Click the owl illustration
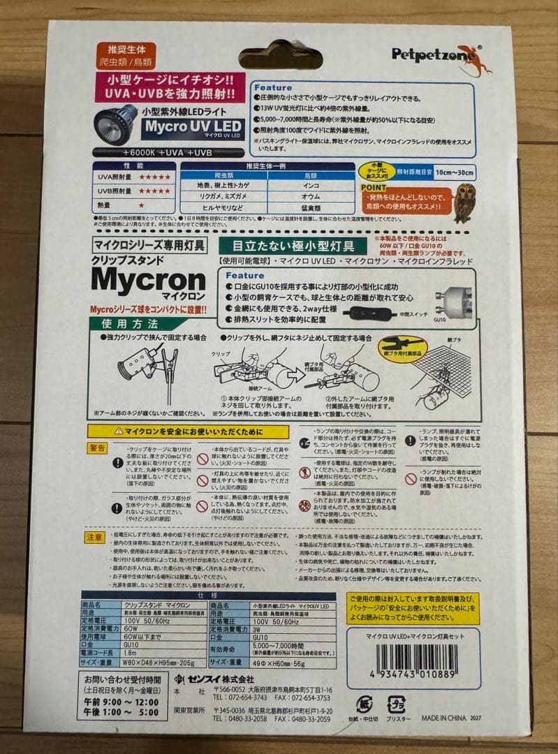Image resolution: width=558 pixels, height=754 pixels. tap(464, 202)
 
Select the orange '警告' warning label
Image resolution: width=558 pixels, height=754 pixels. tap(98, 448)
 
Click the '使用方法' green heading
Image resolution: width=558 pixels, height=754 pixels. tap(130, 324)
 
